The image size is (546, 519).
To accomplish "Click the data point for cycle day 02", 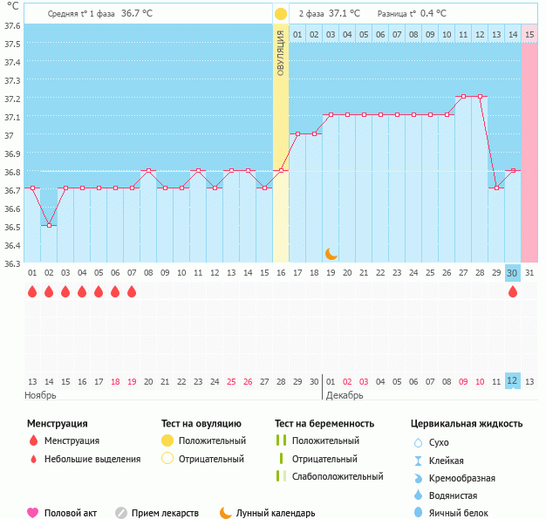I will coord(49,225).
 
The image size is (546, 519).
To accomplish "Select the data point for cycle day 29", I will coord(496,188).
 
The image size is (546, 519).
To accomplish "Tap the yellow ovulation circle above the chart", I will coord(281,14).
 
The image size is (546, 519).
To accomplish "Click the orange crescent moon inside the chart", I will coord(331,253).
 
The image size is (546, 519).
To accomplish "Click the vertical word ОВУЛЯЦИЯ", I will coord(281,53).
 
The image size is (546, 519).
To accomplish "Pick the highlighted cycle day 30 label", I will coord(513,273).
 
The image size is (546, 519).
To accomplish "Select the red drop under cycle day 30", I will coord(513,292).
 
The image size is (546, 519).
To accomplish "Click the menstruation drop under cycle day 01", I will coord(32,292).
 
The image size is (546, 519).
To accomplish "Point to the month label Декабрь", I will coord(345,395).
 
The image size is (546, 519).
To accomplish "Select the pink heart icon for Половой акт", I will coord(33,513).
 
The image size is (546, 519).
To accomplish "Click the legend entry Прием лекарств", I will coord(165,513).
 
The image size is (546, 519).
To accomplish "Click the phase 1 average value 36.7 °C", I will coord(137,14).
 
